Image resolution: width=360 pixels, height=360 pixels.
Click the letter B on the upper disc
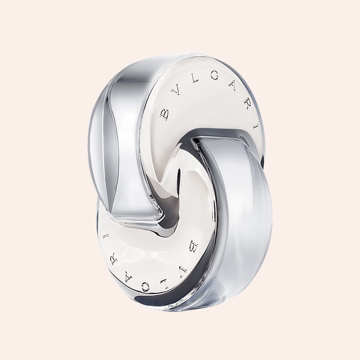[164, 115]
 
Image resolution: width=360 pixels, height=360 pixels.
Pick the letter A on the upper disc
[233, 86]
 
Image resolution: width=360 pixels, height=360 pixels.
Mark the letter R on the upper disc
[246, 104]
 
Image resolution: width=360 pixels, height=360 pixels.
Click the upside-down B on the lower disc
[195, 247]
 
